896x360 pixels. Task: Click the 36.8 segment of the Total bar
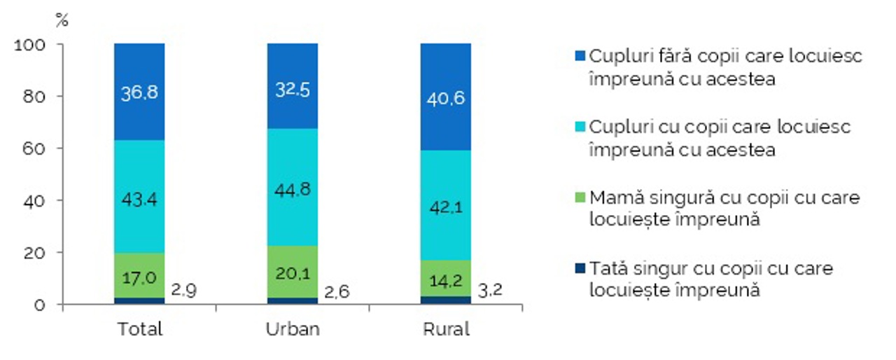[x=139, y=92]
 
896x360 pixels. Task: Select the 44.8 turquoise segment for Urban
[x=293, y=187]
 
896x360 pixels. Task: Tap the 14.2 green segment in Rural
[x=446, y=278]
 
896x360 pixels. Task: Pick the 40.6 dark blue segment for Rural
[x=446, y=97]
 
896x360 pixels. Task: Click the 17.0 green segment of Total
[x=139, y=275]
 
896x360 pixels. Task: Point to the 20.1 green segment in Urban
[x=293, y=272]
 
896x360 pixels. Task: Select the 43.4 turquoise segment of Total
[x=139, y=197]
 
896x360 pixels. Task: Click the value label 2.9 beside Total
[x=183, y=290]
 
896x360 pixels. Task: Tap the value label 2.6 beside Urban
[x=337, y=291]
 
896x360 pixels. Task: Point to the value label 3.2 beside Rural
[x=490, y=290]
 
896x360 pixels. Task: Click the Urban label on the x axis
[x=293, y=329]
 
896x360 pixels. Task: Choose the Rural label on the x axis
[x=446, y=329]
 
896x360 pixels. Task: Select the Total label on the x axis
[x=140, y=329]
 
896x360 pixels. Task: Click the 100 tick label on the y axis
[x=29, y=45]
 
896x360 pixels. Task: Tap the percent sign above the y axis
[x=62, y=20]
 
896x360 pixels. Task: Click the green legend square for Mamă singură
[x=580, y=198]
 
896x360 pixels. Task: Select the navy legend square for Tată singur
[x=580, y=268]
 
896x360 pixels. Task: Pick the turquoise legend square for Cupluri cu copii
[x=580, y=127]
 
